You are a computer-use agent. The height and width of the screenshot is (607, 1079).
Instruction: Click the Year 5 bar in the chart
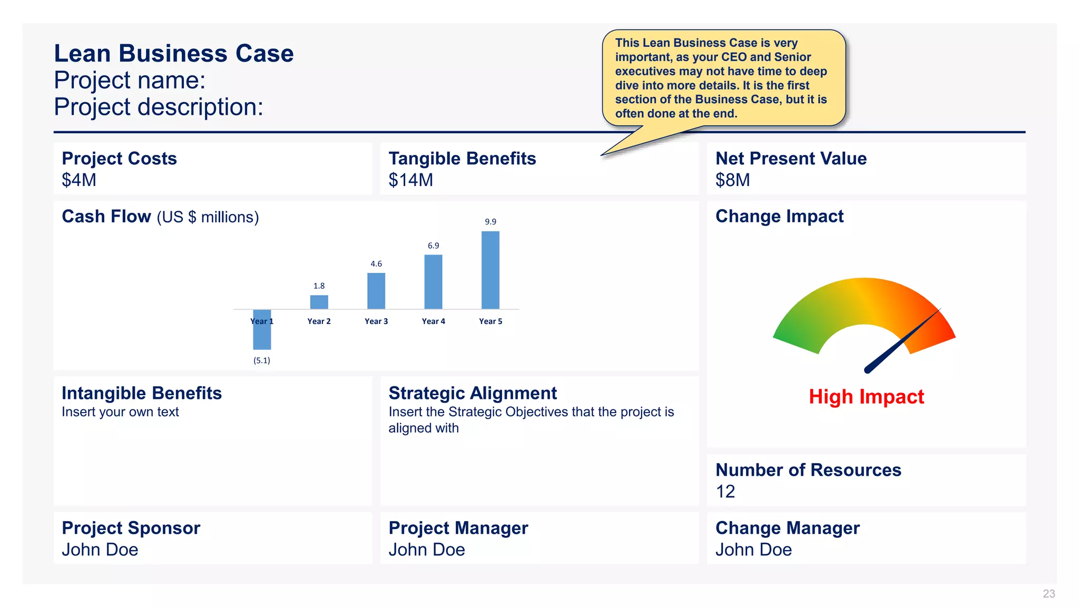click(490, 270)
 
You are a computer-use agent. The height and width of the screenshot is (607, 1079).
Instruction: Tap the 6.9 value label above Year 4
click(433, 246)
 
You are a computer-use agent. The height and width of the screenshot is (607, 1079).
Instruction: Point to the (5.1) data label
click(261, 360)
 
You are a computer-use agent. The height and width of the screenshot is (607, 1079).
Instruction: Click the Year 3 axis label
click(376, 321)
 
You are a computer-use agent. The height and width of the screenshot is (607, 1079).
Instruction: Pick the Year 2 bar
click(319, 302)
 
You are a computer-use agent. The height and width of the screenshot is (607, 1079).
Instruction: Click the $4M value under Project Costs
click(79, 180)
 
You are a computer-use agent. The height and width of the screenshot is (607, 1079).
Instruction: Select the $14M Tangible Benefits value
click(410, 180)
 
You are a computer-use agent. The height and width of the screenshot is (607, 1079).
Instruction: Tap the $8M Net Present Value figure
click(732, 180)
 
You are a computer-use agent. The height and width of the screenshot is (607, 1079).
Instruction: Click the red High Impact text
click(866, 396)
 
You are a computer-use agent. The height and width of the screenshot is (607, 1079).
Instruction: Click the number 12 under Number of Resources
click(725, 492)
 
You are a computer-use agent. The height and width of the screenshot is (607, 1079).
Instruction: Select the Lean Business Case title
click(174, 53)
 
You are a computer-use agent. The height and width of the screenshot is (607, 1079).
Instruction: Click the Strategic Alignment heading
click(472, 393)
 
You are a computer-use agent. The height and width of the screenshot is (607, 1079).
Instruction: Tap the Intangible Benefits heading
click(141, 393)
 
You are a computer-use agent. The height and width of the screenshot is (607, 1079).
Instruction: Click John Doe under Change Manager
click(753, 550)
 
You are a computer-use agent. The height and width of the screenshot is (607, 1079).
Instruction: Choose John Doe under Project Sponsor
click(100, 550)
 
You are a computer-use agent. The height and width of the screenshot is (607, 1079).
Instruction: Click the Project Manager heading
click(458, 528)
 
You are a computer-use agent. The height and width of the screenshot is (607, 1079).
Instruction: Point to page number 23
click(1048, 594)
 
